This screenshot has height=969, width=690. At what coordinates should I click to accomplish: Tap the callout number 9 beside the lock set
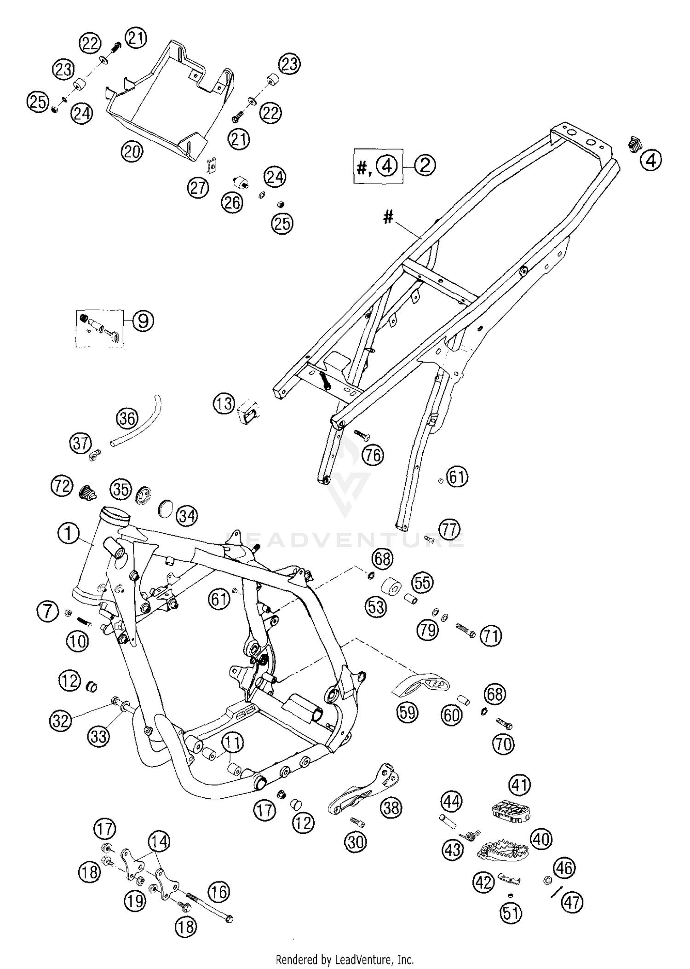point(143,321)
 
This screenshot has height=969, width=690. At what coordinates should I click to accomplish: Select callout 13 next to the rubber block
point(224,404)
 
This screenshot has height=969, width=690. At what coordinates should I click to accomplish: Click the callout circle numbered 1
point(69,534)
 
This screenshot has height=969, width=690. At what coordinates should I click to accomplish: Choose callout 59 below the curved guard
point(408,712)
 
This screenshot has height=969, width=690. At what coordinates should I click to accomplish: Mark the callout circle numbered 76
point(373,455)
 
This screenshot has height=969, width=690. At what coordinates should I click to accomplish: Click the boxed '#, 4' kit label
point(378,166)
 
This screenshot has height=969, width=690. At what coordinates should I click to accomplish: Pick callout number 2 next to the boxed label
point(425,165)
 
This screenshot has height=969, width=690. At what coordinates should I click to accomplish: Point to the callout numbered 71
point(491,636)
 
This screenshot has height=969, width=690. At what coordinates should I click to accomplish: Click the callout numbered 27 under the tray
point(198,188)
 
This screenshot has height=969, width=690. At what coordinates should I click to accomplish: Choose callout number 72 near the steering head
point(62,486)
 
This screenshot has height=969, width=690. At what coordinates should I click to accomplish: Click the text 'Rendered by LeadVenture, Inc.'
point(345,960)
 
